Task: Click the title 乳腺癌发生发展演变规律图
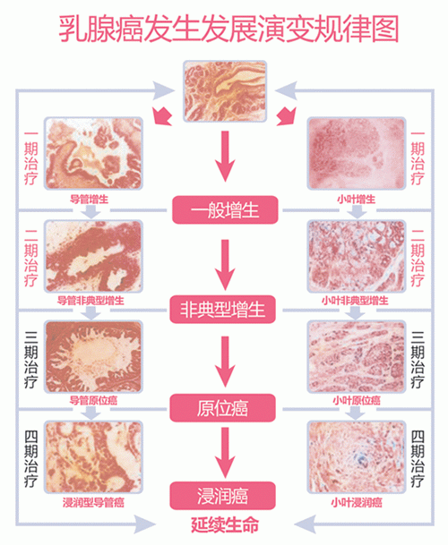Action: [228, 30]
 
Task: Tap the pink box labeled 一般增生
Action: [225, 210]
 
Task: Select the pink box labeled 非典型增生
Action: [222, 309]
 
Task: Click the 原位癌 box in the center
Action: [222, 408]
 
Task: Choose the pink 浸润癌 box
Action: [222, 496]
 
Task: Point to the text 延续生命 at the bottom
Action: [225, 524]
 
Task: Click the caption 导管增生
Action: [89, 200]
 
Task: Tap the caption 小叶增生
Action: [356, 200]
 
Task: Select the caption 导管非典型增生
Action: [90, 301]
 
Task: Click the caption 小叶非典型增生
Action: [355, 301]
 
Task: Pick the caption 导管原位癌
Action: [93, 400]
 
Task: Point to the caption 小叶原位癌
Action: [357, 400]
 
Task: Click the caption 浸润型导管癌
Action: [93, 503]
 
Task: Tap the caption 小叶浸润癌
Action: [357, 503]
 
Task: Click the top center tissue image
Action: [225, 91]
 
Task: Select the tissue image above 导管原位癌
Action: [93, 357]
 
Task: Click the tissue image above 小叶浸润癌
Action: [357, 456]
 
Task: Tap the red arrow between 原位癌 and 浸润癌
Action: [225, 451]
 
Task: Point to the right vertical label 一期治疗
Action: [418, 158]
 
